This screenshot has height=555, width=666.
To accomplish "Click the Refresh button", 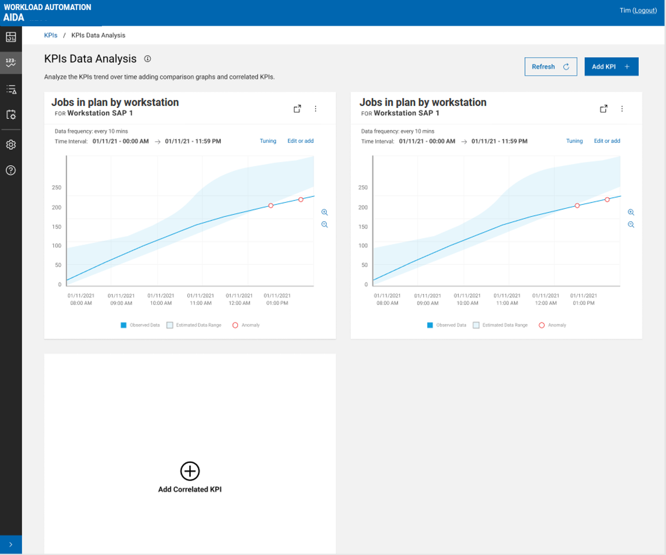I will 550,67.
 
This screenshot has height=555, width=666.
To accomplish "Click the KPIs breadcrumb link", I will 51,35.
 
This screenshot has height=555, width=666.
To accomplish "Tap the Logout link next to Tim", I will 645,10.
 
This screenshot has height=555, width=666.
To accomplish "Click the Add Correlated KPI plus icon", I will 190,471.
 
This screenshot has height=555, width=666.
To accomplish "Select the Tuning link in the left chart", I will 268,141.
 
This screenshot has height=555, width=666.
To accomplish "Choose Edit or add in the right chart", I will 607,141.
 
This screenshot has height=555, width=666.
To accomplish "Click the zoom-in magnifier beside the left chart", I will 325,212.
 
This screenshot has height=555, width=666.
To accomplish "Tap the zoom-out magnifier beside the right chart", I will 631,225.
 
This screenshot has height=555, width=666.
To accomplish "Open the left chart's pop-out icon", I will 297,109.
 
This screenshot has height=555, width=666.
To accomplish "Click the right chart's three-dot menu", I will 622,109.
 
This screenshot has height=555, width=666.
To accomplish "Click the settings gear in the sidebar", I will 11,145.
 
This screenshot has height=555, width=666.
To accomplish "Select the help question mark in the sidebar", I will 11,170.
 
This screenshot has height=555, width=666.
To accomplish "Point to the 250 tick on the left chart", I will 57,188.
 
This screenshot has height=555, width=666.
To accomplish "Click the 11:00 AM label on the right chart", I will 507,299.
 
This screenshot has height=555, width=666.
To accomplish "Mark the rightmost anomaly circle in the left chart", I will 301,200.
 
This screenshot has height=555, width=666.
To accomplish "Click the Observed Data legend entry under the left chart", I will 140,325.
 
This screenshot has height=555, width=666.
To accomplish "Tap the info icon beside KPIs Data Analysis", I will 148,59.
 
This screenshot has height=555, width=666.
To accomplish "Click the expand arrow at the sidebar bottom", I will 11,545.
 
